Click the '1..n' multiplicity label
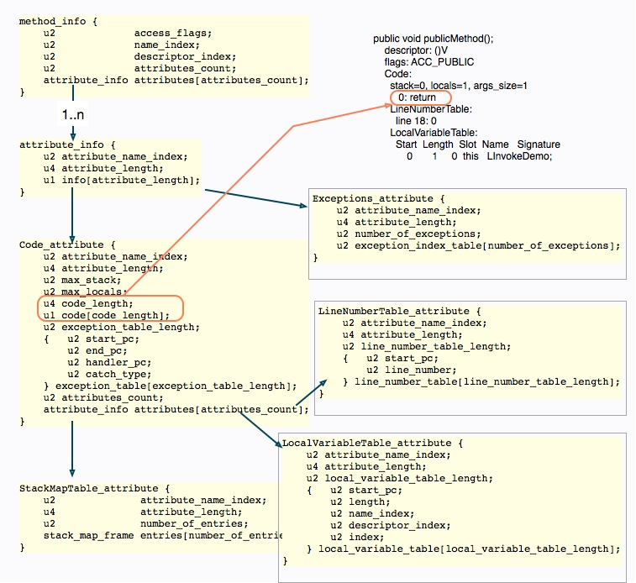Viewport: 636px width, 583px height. [x=73, y=115]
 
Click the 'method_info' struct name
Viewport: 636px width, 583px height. [x=52, y=21]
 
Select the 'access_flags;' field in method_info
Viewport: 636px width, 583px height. [x=173, y=34]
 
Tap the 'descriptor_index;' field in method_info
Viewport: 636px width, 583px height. [x=185, y=57]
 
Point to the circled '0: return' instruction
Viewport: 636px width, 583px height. [x=417, y=97]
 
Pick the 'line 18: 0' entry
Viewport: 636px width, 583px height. [x=416, y=121]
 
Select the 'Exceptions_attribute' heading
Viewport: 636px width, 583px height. [x=373, y=198]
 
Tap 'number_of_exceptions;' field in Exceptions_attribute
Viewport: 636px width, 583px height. [x=418, y=234]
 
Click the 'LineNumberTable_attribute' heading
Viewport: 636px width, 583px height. [x=393, y=312]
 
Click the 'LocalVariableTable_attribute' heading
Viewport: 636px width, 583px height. [x=366, y=443]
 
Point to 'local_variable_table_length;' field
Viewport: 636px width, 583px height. [x=409, y=478]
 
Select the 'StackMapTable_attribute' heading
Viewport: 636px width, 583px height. [x=89, y=489]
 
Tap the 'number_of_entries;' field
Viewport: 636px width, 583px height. [x=194, y=524]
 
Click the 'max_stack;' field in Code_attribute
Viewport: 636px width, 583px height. [x=92, y=280]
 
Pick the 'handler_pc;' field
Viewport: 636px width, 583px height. [x=118, y=362]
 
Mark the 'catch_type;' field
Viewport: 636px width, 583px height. [x=118, y=374]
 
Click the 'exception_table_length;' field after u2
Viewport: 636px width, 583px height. [x=130, y=327]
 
